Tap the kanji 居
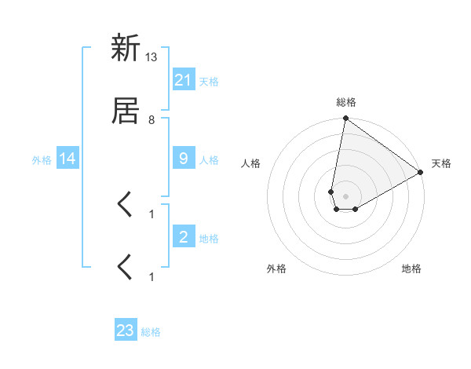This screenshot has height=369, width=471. [x=126, y=111]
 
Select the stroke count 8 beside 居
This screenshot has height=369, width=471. [x=152, y=120]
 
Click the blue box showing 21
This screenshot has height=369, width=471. [x=183, y=80]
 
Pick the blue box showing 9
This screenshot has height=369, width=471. [x=183, y=159]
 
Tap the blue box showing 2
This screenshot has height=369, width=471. [x=183, y=237]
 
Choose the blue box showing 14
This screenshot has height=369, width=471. [x=68, y=159]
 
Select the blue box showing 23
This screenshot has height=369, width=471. [x=126, y=331]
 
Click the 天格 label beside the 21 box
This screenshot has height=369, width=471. [x=209, y=81]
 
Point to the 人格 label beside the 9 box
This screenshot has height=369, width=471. [x=209, y=159]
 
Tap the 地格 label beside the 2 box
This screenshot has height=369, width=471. [x=209, y=238]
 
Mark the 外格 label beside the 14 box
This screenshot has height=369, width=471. [x=42, y=159]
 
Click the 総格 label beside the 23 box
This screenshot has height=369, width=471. [x=151, y=331]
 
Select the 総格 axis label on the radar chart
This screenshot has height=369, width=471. [x=346, y=102]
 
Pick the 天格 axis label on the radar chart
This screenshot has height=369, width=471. [x=441, y=163]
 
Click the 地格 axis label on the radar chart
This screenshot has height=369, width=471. [x=411, y=269]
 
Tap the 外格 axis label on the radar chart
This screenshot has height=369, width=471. [x=276, y=269]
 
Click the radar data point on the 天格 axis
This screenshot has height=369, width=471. [x=421, y=173]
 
